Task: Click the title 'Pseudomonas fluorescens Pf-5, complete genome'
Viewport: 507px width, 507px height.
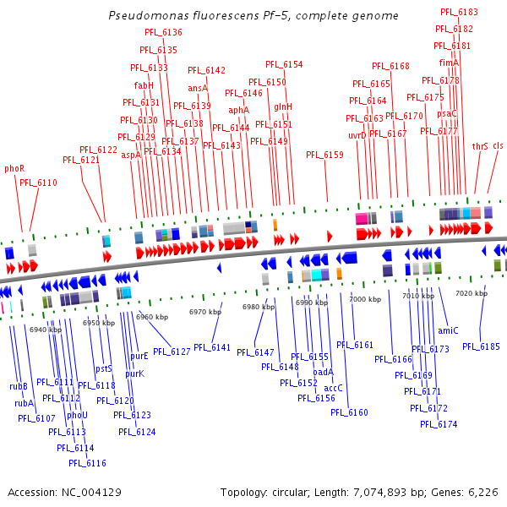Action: pos(253,16)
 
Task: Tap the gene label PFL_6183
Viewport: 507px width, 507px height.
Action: pos(459,12)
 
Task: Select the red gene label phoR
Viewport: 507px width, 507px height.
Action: pos(14,168)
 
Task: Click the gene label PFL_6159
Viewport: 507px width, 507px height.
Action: pos(324,155)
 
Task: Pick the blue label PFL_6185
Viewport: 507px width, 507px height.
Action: pos(481,346)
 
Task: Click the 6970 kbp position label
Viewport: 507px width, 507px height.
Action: pos(204,312)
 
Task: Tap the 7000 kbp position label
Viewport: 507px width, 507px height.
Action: pos(365,299)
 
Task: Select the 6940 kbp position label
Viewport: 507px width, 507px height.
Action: pos(45,330)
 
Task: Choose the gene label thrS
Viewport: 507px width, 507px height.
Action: pos(480,145)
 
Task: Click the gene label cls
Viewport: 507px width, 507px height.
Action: pos(498,145)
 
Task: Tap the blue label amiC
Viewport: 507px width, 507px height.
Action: pos(448,330)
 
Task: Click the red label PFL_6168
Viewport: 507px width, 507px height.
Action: pos(390,66)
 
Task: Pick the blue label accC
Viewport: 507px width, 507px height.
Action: pos(333,388)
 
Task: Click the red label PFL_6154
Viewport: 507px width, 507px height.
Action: pos(284,64)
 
